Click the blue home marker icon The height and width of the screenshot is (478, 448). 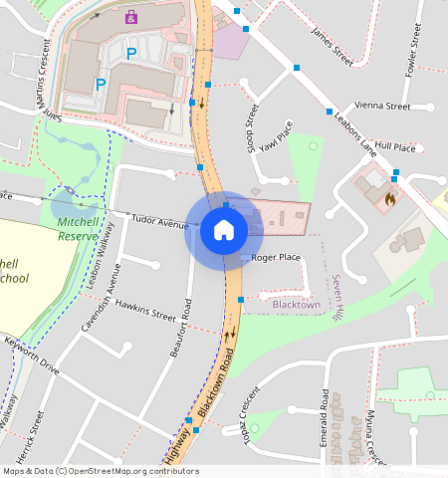(224, 231)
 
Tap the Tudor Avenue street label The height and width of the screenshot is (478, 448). (159, 224)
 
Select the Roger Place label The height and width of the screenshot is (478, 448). (276, 258)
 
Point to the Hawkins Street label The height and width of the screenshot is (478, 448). (145, 310)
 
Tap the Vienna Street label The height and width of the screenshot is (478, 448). (383, 107)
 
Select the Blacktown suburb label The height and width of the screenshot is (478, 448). (297, 304)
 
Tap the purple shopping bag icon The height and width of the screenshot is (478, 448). (131, 17)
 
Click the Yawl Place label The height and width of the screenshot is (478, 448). (275, 138)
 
